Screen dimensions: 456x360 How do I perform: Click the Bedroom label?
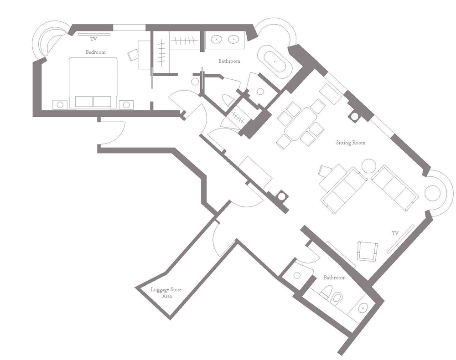[95, 52]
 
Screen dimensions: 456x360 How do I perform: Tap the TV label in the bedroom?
[93, 39]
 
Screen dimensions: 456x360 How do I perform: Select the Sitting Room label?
[350, 143]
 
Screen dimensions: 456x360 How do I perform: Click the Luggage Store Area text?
[166, 293]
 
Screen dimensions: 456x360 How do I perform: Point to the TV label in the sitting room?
[395, 233]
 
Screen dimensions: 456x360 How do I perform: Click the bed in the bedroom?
[93, 83]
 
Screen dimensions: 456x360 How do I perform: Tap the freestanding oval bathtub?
[275, 62]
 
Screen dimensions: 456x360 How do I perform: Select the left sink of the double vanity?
[216, 39]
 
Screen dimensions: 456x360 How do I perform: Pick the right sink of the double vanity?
[233, 39]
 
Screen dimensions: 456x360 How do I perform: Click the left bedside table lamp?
[60, 105]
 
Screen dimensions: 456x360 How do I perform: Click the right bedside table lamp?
[126, 105]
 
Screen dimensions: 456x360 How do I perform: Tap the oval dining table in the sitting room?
[301, 124]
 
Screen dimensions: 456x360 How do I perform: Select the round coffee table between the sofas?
[369, 166]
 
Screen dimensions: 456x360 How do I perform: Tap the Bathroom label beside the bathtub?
[229, 62]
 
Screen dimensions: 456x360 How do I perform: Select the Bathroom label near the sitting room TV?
[334, 278]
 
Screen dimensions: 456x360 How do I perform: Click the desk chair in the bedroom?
[133, 55]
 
